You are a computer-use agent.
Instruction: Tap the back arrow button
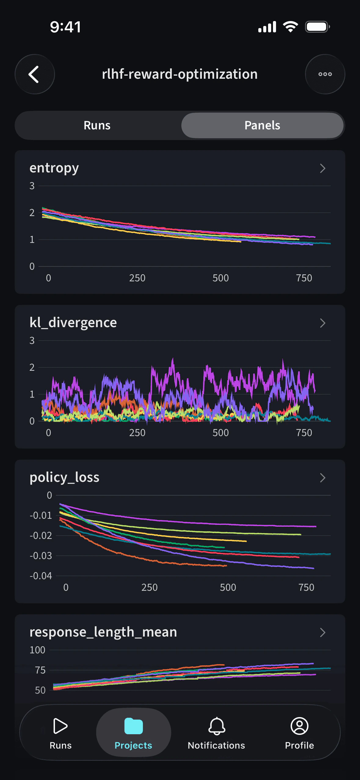(35, 74)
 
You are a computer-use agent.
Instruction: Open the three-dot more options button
(325, 74)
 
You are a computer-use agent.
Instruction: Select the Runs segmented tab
(97, 125)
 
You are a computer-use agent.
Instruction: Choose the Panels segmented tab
(262, 125)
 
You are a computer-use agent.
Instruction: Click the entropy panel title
(54, 168)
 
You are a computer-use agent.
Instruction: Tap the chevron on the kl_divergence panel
(322, 323)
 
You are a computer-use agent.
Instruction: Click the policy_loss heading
(64, 478)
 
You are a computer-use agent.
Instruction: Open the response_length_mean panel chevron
(322, 632)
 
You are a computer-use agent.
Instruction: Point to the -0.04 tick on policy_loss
(41, 576)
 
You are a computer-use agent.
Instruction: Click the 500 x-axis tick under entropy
(220, 278)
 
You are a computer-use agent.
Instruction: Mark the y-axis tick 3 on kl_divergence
(32, 341)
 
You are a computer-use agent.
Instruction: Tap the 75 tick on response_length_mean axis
(40, 670)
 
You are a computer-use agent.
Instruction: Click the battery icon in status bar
(317, 27)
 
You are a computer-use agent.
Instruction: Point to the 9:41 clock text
(65, 27)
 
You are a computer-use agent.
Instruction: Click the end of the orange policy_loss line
(226, 565)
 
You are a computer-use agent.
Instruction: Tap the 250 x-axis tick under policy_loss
(149, 587)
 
